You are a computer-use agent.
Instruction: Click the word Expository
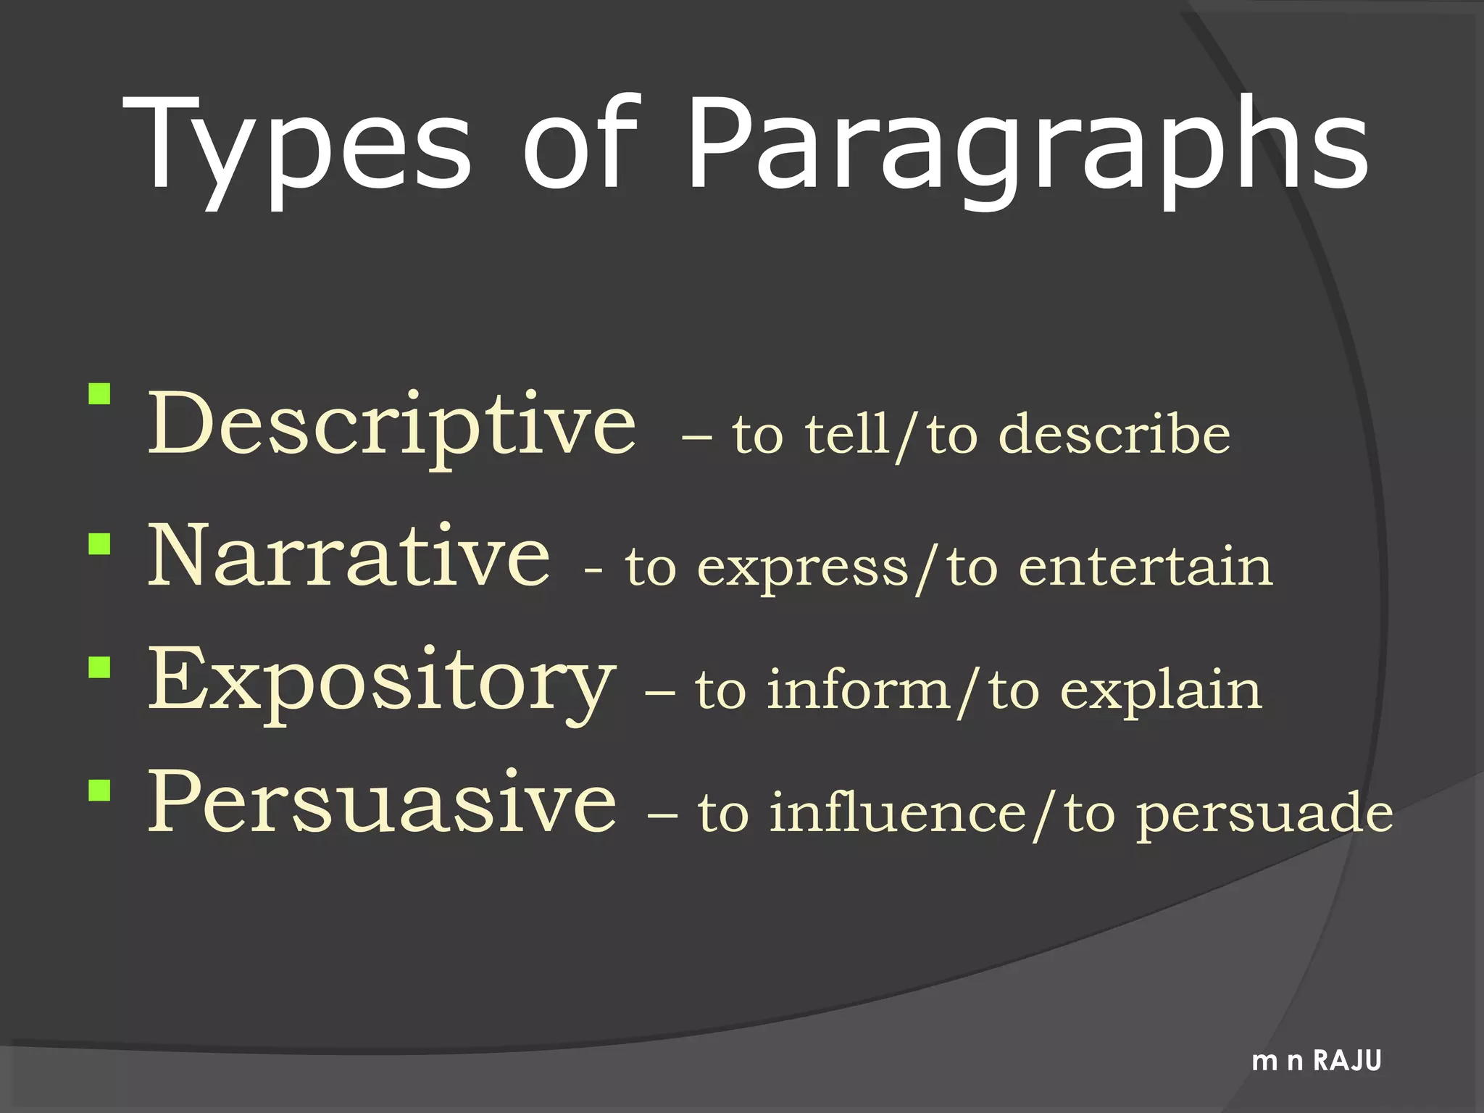(381, 681)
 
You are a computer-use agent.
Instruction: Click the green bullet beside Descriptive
(99, 394)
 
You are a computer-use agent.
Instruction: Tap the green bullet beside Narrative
(99, 544)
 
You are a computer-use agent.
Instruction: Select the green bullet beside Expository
(99, 667)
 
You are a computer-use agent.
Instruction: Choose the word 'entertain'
(1146, 567)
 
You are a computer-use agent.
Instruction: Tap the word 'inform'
(859, 690)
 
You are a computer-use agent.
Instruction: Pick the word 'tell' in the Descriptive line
(848, 435)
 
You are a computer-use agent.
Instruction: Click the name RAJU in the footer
(1348, 1061)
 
